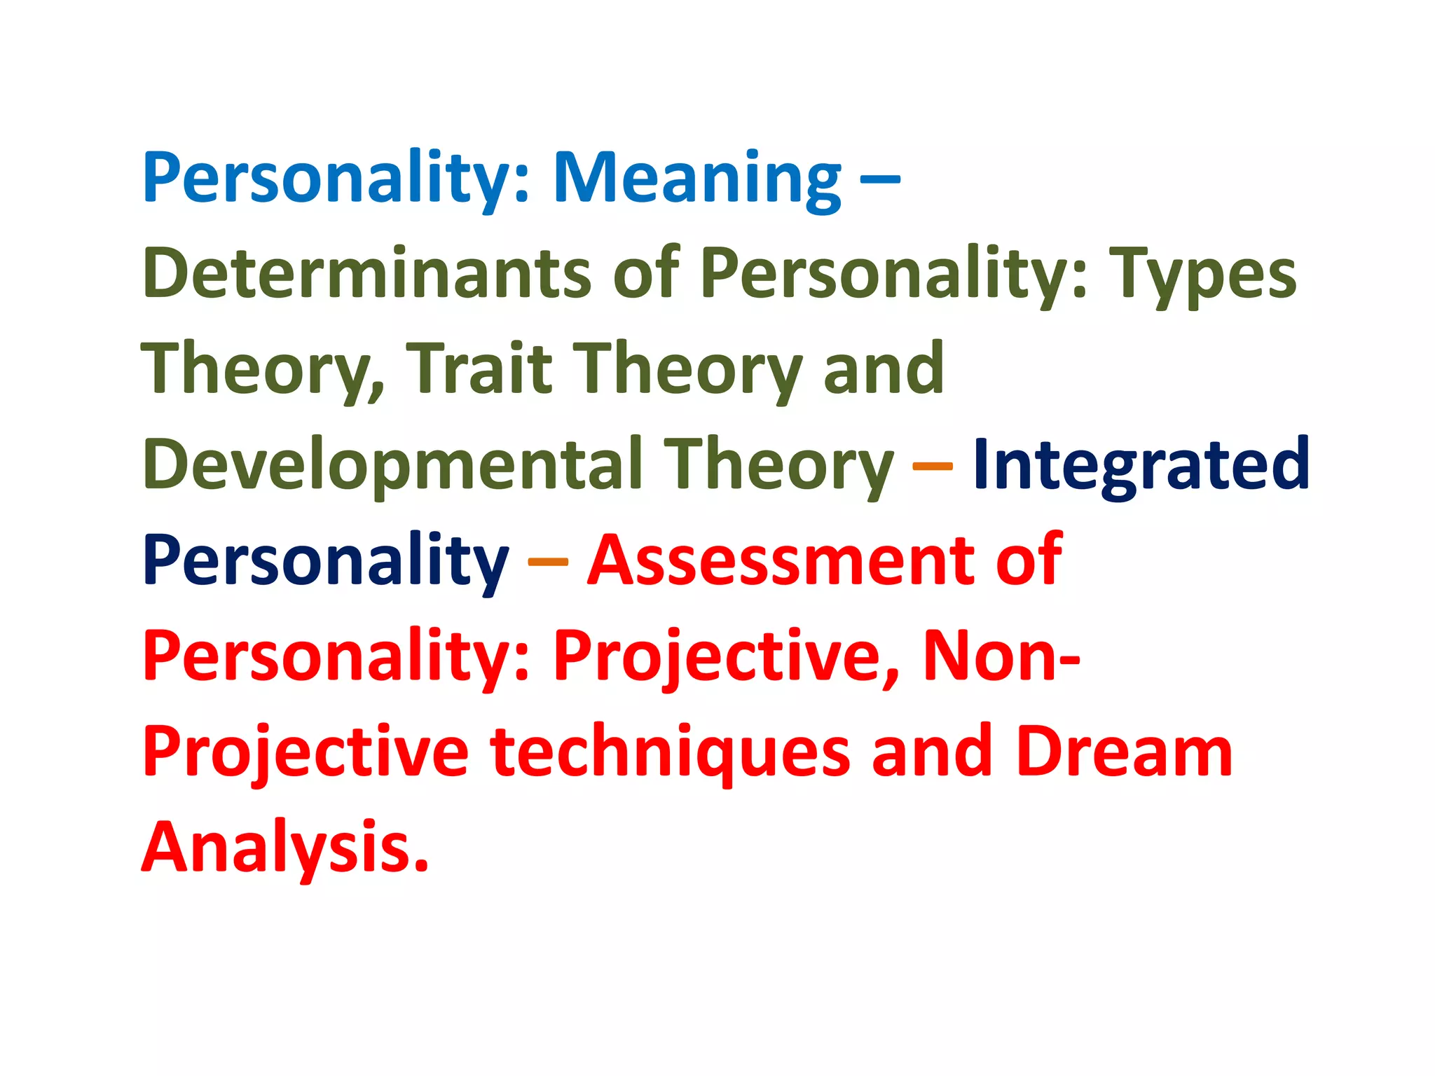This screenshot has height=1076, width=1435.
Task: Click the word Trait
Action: tap(479, 368)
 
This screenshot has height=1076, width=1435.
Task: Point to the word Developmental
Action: tap(392, 465)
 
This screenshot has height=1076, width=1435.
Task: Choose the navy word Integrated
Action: tap(1141, 464)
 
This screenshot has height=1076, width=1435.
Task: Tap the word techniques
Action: tap(669, 752)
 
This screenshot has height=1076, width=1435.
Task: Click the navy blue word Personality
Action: tap(325, 560)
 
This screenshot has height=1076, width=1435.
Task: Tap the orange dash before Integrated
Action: tap(933, 465)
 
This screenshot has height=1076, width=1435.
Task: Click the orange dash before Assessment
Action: tap(547, 561)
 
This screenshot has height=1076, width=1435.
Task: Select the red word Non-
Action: tap(1001, 656)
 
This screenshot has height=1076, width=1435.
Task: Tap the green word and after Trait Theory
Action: tap(883, 368)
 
